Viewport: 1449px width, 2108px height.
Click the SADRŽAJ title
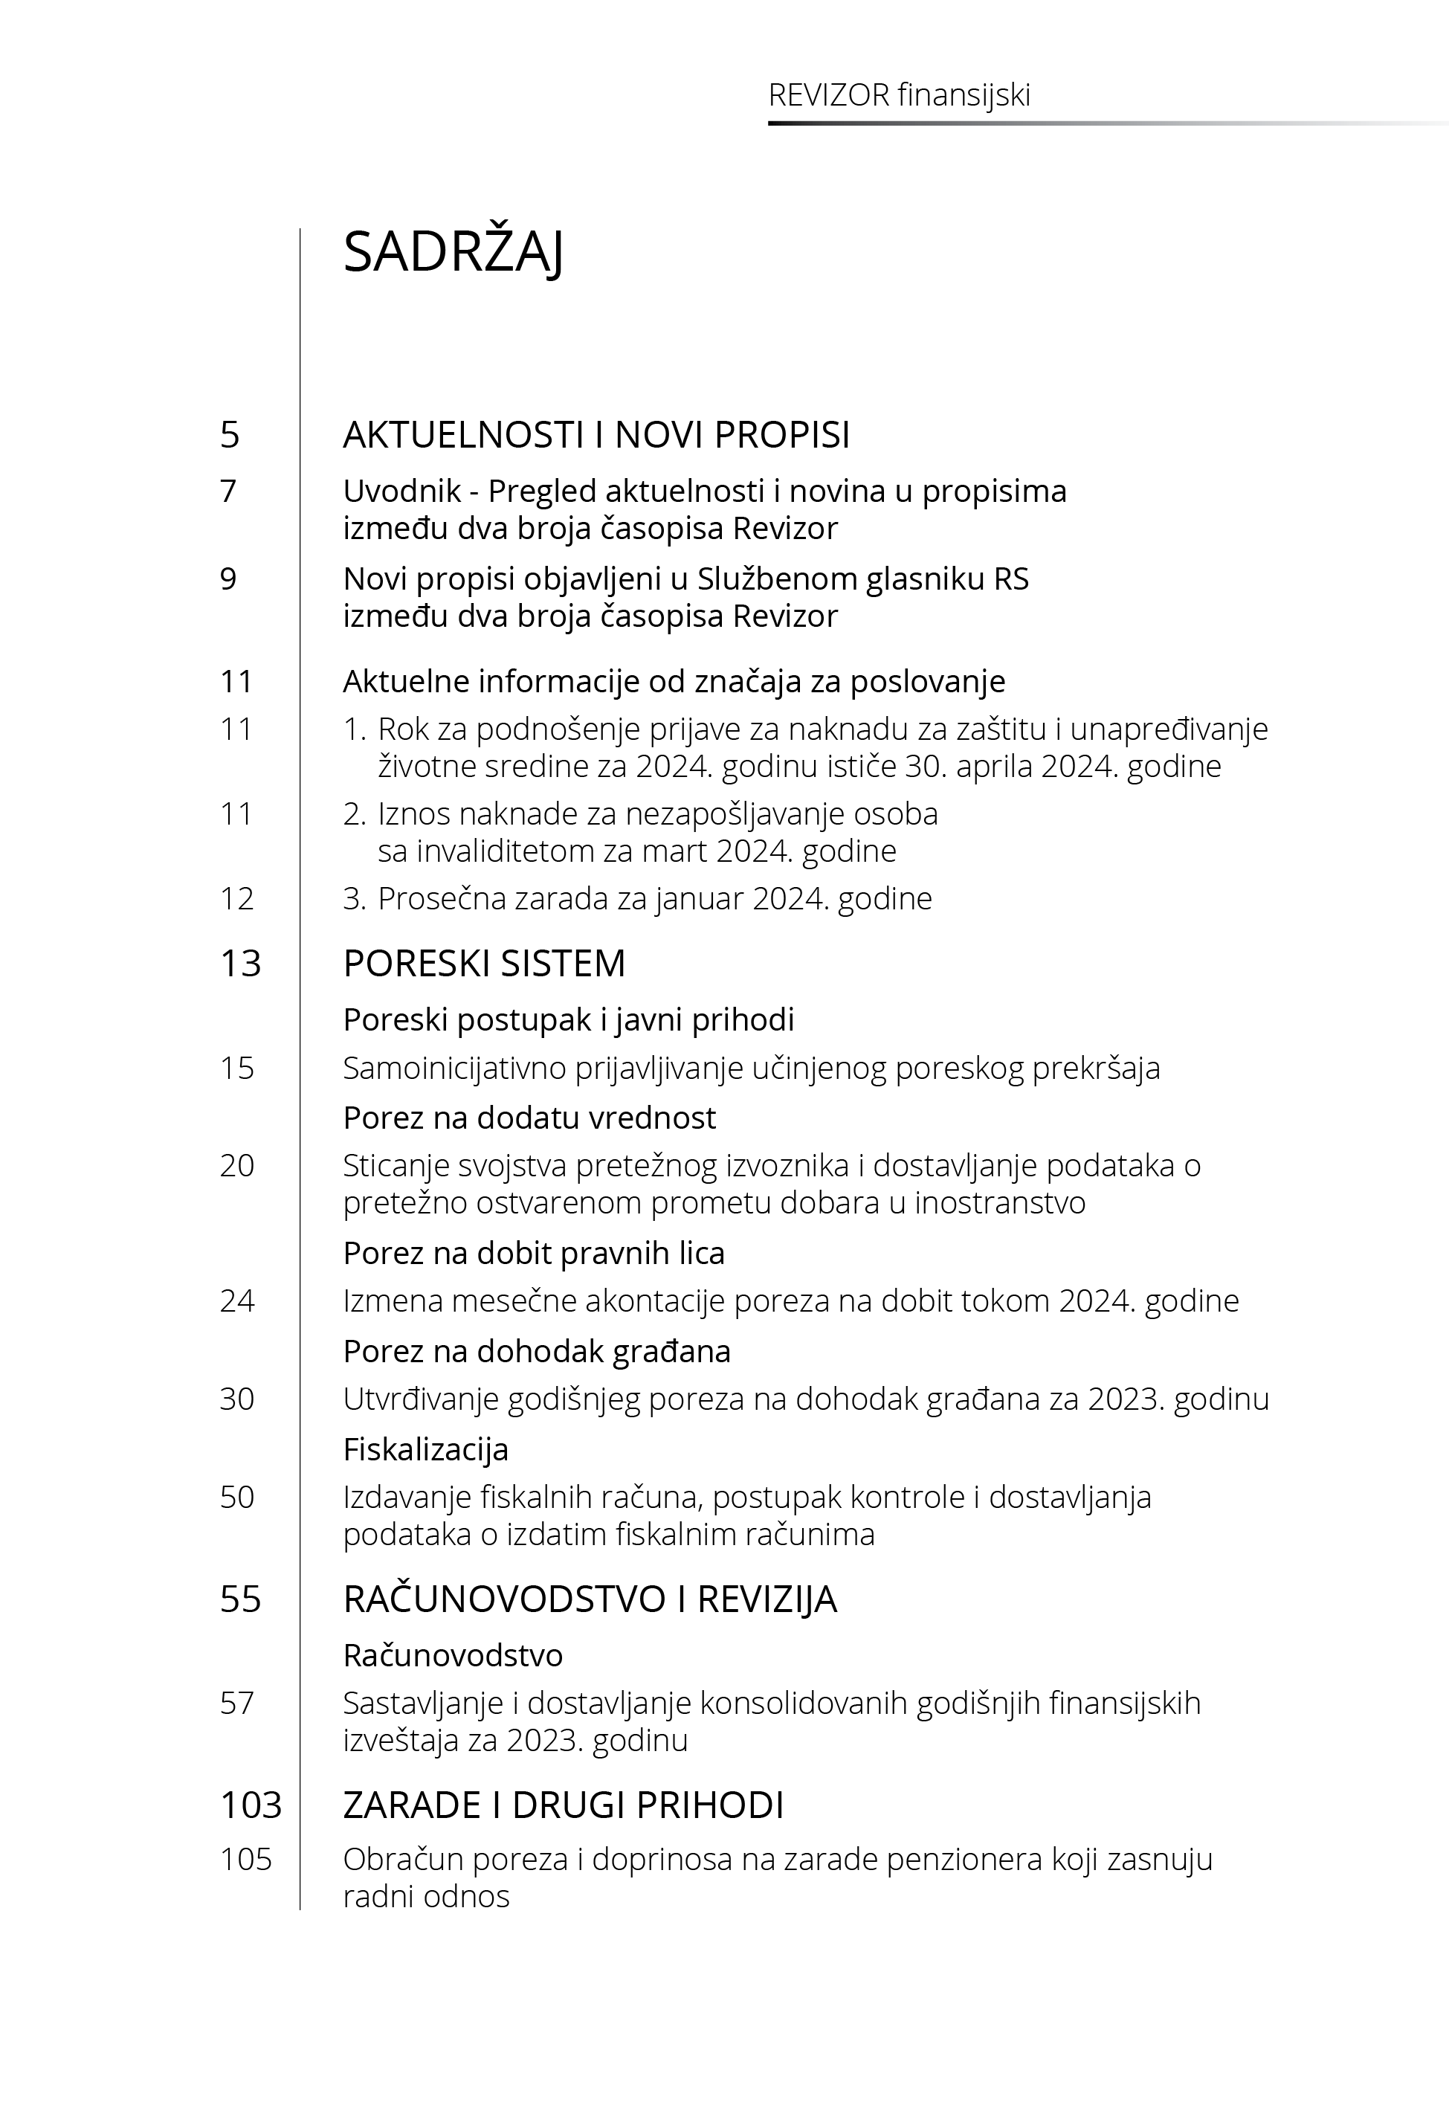[x=453, y=251]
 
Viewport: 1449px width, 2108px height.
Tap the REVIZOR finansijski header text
[x=899, y=95]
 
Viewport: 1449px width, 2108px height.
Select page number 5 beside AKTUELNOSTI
[x=230, y=435]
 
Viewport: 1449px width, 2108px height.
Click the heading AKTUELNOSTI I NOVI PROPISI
[x=596, y=435]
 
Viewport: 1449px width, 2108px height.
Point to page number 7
[x=229, y=491]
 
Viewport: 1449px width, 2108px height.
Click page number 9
[x=229, y=579]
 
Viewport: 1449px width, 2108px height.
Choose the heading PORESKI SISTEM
[x=484, y=963]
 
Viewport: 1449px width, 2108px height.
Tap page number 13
[x=241, y=963]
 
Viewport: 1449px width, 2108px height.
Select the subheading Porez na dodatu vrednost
[x=529, y=1118]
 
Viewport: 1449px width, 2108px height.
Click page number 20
[x=237, y=1166]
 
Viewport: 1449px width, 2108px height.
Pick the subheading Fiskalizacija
[x=425, y=1450]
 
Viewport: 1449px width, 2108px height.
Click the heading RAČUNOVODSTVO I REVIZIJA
[x=590, y=1599]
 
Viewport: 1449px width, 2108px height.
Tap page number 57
[x=237, y=1703]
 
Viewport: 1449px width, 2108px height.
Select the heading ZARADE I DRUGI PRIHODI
[x=563, y=1805]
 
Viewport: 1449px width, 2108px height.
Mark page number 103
[x=251, y=1805]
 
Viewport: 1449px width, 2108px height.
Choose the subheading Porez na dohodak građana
[x=537, y=1352]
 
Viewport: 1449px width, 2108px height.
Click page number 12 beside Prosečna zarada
[x=237, y=899]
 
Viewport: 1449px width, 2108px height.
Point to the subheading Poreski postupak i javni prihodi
[x=568, y=1020]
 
